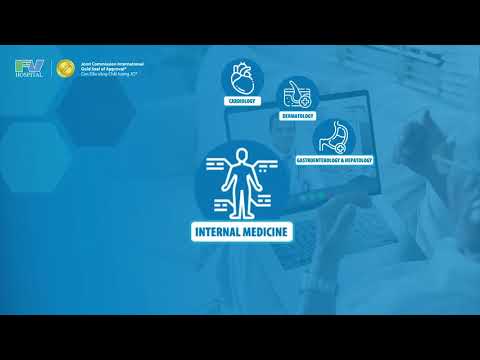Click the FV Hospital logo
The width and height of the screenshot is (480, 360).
[x=28, y=67]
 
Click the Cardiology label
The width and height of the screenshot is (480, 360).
[x=243, y=101]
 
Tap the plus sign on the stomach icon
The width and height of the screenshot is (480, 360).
[x=343, y=147]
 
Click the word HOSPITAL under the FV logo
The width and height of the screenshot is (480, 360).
[x=28, y=76]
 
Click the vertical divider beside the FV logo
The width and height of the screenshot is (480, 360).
[x=51, y=69]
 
